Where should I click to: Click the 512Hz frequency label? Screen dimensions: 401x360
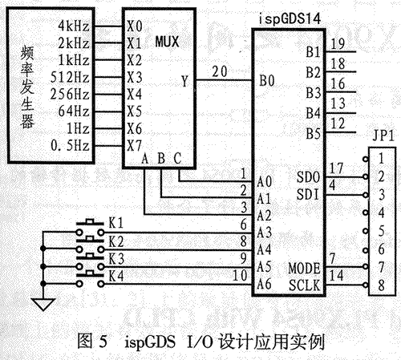pos(70,78)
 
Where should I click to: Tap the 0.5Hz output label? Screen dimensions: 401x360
pos(70,146)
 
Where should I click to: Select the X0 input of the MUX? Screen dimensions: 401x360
pos(135,26)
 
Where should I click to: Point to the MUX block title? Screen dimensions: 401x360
pos(167,42)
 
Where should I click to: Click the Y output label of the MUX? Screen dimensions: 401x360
pos(184,81)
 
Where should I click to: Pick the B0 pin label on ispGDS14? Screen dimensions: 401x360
pos(267,80)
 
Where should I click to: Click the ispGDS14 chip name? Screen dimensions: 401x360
pos(290,19)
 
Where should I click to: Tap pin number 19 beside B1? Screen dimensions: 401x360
pos(338,44)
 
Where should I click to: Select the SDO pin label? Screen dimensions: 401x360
pos(308,177)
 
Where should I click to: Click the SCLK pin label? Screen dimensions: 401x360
pos(305,285)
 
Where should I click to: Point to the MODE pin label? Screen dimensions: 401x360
pos(305,269)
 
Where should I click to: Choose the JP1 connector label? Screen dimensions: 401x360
pos(383,136)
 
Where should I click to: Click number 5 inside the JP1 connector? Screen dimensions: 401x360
pos(382,231)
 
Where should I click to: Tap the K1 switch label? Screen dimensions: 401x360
pos(116,223)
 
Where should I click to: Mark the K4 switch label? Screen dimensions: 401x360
pos(116,276)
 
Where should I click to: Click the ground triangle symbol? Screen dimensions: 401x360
pos(43,304)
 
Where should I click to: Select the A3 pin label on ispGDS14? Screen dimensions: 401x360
pos(264,233)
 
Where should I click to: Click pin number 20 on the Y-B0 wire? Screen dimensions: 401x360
pos(220,71)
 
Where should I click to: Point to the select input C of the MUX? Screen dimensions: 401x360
pos(177,159)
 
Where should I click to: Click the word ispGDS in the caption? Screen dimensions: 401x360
pos(150,342)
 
